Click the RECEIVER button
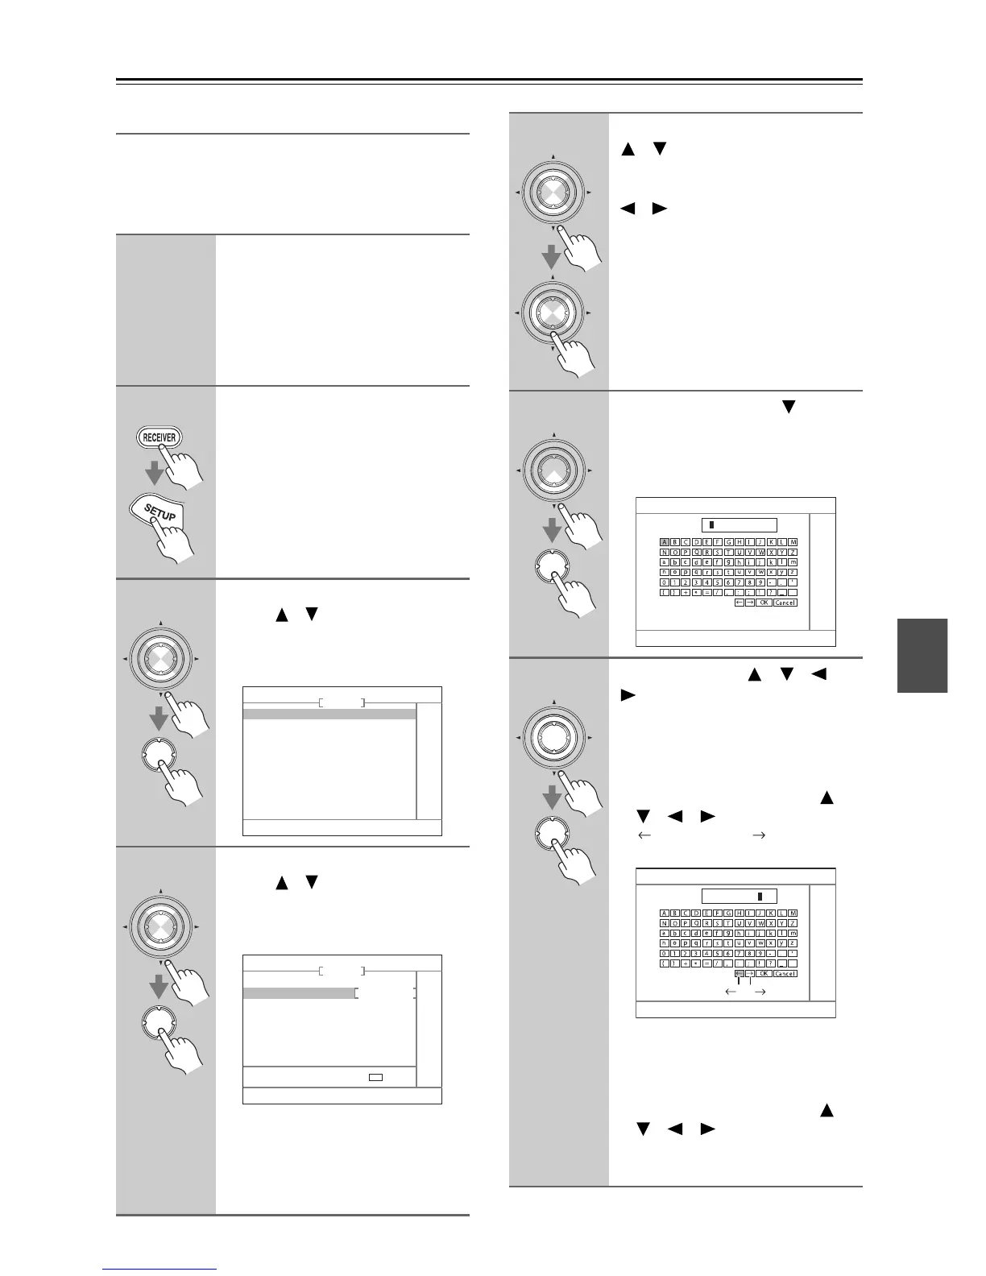pos(159,437)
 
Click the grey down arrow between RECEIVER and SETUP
pos(155,472)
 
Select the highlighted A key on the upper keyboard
pos(665,542)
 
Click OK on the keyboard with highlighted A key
pos(764,603)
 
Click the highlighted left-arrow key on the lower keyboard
pos(739,973)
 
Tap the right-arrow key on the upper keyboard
pos(750,603)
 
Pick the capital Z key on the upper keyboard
pos(793,553)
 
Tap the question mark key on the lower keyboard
pos(772,963)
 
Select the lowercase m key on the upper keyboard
pos(793,562)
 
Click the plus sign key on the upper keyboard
pos(686,593)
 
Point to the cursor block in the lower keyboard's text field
pos(758,896)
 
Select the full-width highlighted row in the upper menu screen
pos(329,714)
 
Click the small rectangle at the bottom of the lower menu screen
pos(375,1076)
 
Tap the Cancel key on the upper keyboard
pos(785,603)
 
